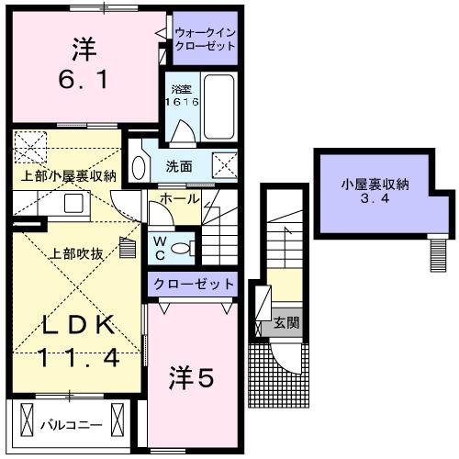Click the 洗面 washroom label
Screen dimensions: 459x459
(x=179, y=166)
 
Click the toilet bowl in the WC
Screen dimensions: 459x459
(x=182, y=246)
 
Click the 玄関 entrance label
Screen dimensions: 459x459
(x=285, y=323)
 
